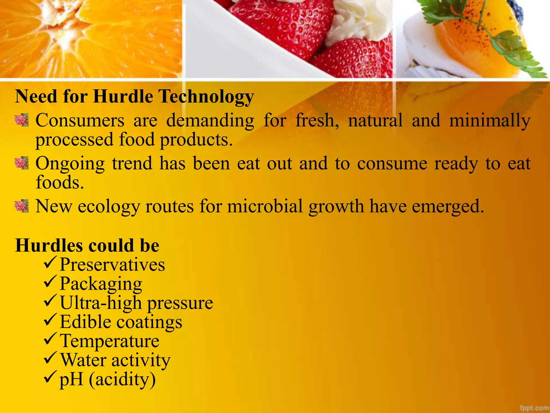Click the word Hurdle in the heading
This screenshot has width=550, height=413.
click(x=123, y=96)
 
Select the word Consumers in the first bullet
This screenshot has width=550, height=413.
click(x=80, y=120)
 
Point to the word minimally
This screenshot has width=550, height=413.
click(x=490, y=121)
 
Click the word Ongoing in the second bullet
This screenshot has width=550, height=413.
click(x=70, y=164)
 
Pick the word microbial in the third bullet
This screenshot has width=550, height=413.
click(x=265, y=206)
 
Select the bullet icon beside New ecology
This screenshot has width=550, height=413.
click(x=21, y=206)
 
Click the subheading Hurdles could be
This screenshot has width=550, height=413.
click(x=87, y=245)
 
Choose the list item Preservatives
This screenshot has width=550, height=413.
click(x=112, y=264)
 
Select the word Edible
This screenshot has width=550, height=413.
click(x=85, y=322)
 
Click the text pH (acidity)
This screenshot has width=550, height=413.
click(x=107, y=379)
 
